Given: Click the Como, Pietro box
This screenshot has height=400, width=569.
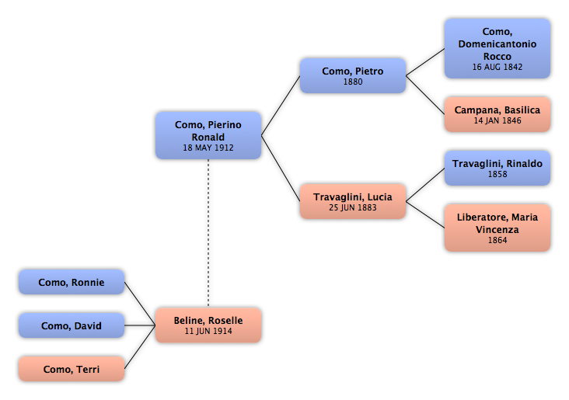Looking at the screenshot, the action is [x=353, y=75].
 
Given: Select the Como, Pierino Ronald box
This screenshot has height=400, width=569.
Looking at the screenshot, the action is [x=208, y=135].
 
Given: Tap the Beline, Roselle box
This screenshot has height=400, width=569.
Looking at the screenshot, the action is [x=208, y=325].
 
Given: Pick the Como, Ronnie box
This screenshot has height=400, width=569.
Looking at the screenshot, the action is [x=72, y=282].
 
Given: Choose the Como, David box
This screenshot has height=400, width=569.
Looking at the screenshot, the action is [x=72, y=325].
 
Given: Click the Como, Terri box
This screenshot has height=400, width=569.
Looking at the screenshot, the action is [x=72, y=368].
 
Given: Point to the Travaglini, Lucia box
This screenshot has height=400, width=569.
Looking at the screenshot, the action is [x=353, y=201].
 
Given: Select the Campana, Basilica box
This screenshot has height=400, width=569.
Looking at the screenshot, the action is [x=497, y=114].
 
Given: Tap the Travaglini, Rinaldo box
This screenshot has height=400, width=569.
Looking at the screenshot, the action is [x=497, y=168].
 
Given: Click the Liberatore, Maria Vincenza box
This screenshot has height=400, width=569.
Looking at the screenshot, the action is [x=497, y=228].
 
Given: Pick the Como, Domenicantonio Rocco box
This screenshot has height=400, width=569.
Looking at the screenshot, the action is [x=497, y=49].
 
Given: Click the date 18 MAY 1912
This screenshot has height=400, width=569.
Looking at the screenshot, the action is [x=208, y=148].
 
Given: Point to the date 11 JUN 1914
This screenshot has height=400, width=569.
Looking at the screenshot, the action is [x=208, y=331].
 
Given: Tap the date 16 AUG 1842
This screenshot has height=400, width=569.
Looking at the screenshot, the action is [x=497, y=67].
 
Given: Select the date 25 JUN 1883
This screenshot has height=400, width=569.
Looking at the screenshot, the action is [x=353, y=207].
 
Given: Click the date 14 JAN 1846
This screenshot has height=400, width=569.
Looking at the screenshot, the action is [x=497, y=120].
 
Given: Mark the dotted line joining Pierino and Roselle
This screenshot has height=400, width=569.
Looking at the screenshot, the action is [x=208, y=233].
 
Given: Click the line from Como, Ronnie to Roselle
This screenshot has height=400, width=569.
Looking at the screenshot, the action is [x=140, y=304].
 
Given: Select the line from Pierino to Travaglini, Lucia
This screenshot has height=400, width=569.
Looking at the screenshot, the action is [x=281, y=169].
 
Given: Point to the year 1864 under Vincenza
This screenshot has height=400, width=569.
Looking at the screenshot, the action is [x=497, y=240].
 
